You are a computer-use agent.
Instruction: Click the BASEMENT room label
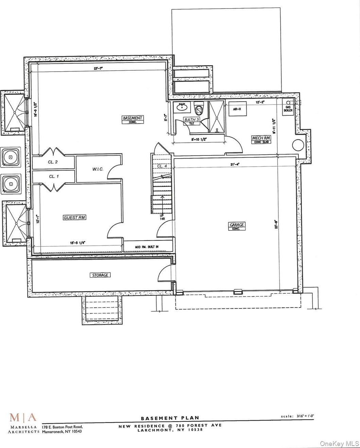(x=133, y=118)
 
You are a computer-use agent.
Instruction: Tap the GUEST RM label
(x=74, y=218)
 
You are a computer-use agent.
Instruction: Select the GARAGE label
(x=237, y=225)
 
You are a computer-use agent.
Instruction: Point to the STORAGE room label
(x=100, y=275)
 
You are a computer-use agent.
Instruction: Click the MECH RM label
(x=261, y=138)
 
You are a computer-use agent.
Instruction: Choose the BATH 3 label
(x=192, y=120)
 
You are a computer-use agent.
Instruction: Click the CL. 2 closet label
(x=53, y=162)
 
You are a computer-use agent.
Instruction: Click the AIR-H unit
(x=237, y=109)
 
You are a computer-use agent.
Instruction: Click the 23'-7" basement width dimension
(x=98, y=68)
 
